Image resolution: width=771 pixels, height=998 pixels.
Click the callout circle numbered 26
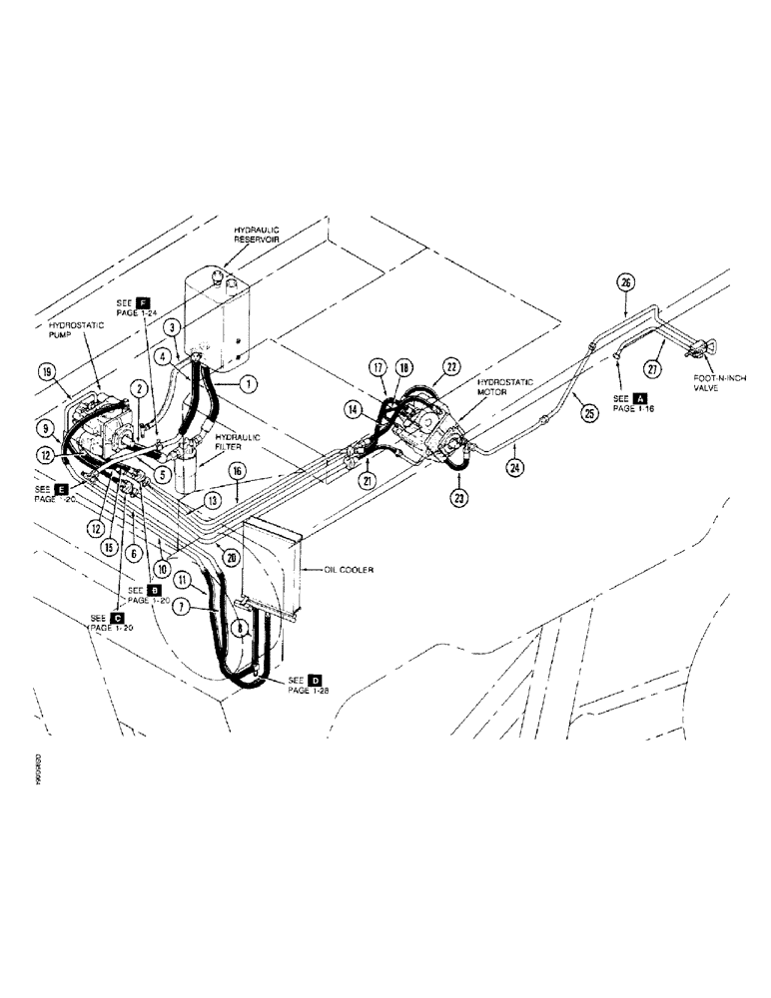click(626, 282)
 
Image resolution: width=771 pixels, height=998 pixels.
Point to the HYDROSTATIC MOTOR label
click(501, 385)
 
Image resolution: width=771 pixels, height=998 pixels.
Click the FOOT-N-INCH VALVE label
click(718, 384)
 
